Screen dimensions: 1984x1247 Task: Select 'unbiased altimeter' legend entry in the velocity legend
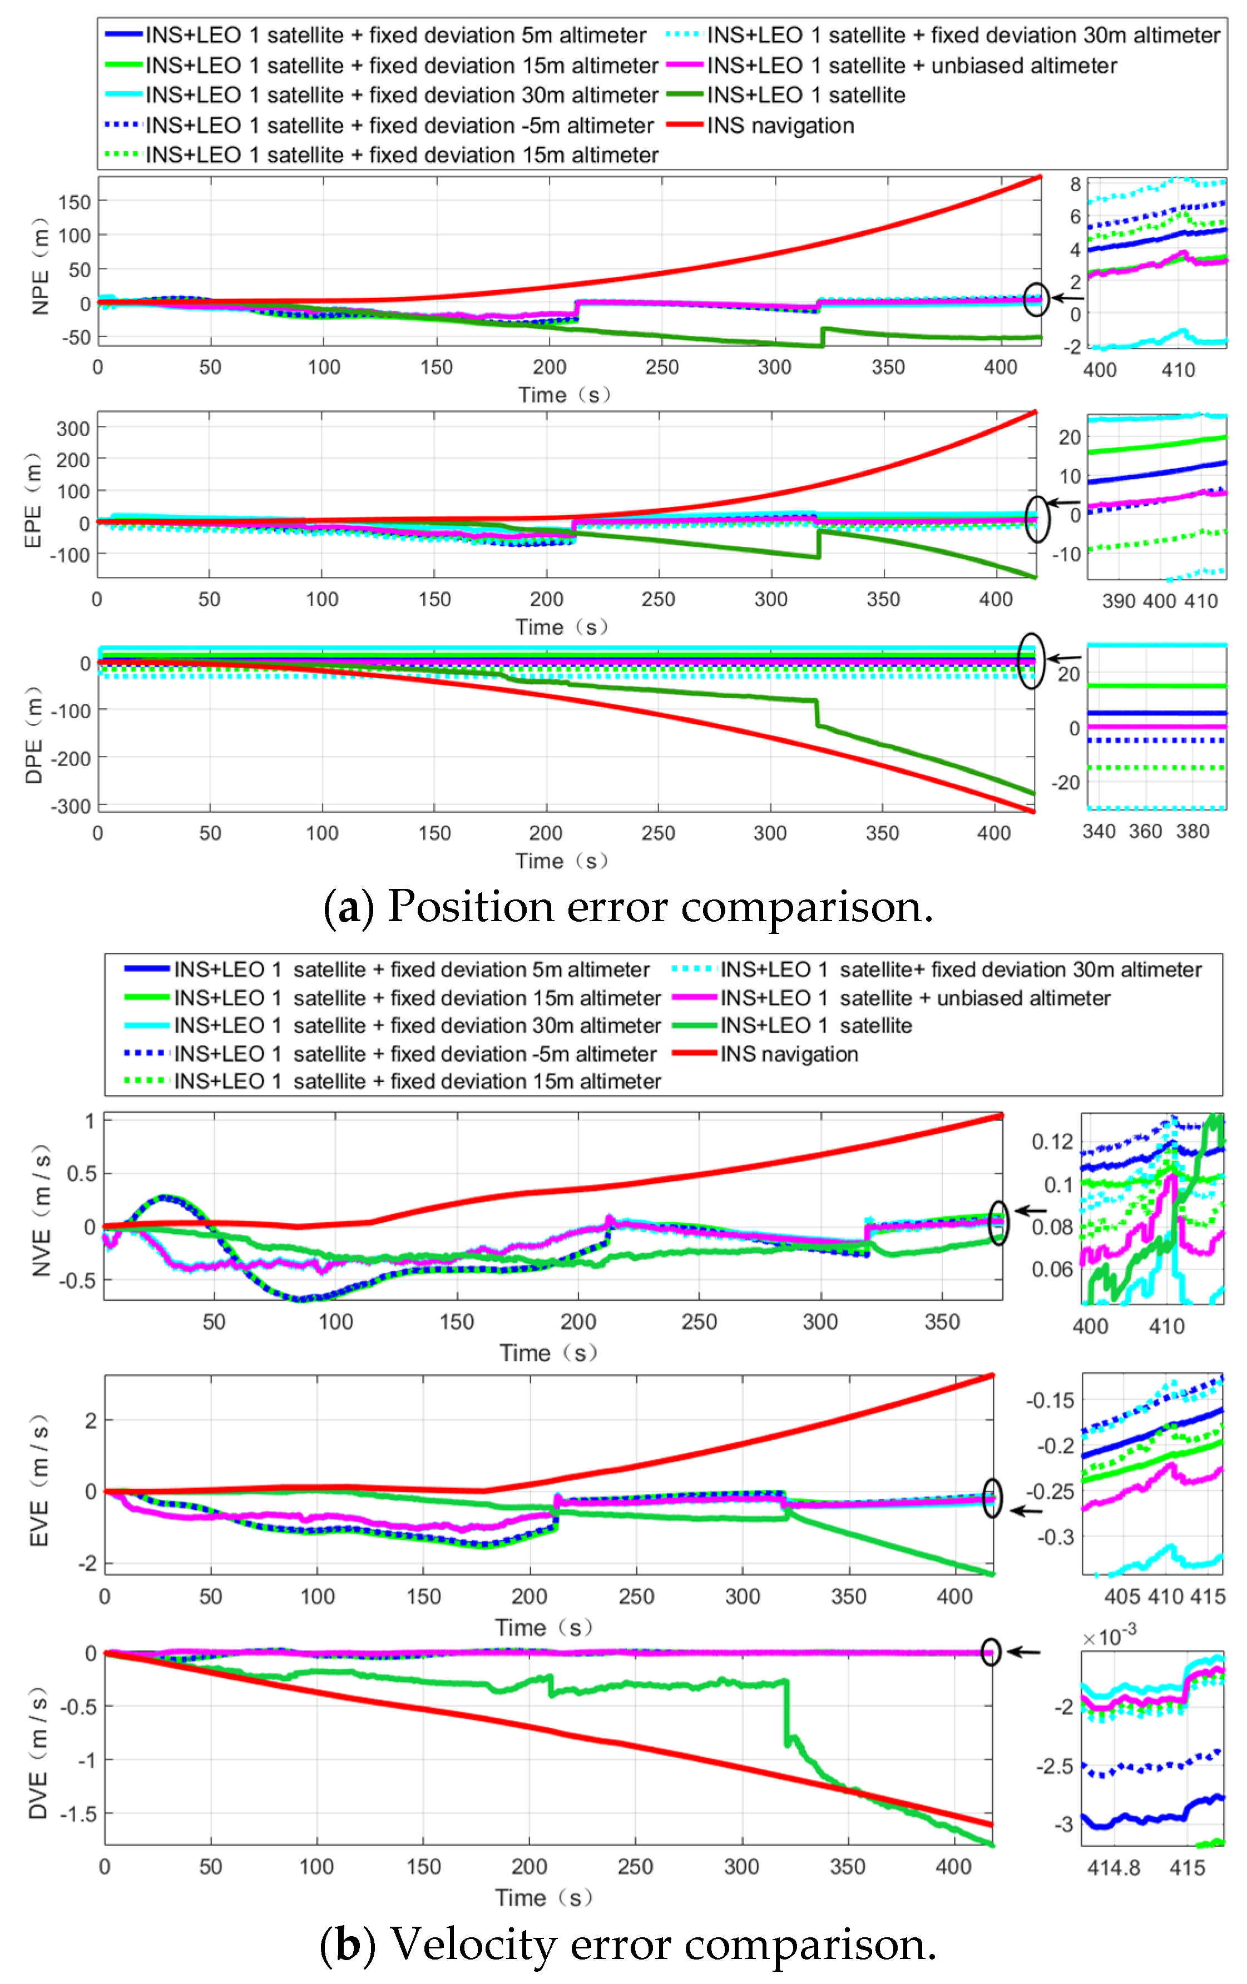(915, 998)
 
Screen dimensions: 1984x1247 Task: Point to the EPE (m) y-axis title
(33, 500)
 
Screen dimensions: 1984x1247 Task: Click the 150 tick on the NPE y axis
(74, 202)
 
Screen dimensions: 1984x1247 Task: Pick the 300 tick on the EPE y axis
(72, 429)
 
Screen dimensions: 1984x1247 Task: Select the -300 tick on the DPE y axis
(70, 806)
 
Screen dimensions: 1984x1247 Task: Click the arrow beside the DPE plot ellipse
(1064, 658)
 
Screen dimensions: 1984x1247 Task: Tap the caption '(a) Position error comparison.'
(628, 906)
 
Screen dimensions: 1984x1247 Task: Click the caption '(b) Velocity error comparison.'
(628, 1945)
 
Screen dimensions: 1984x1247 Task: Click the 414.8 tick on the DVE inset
(1114, 1867)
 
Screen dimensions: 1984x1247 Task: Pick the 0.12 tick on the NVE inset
(1052, 1142)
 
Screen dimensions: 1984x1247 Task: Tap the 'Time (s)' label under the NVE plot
(548, 1353)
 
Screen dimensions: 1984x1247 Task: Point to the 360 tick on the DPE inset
(1146, 831)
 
